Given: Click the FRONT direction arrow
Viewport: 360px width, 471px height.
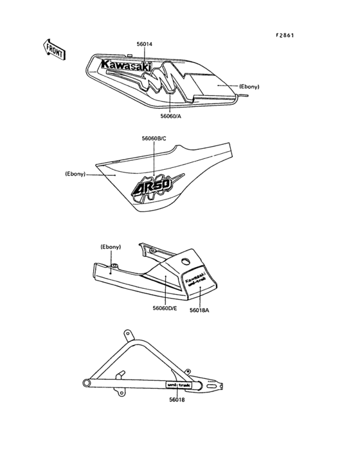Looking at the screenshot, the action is pyautogui.click(x=54, y=50).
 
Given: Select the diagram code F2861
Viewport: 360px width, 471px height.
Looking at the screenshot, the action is pyautogui.click(x=285, y=35).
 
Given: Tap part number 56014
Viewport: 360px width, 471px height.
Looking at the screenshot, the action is pyautogui.click(x=145, y=44).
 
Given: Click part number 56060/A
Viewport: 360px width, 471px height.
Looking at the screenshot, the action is pyautogui.click(x=171, y=116).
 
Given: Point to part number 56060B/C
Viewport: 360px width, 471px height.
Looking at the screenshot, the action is pyautogui.click(x=154, y=138).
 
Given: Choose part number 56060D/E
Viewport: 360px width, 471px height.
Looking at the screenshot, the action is pyautogui.click(x=165, y=308).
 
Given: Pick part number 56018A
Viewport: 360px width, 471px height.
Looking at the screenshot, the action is pyautogui.click(x=199, y=310).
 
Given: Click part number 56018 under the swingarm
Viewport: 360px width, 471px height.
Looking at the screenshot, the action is pyautogui.click(x=177, y=400).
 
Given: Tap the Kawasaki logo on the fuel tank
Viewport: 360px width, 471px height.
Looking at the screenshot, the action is pyautogui.click(x=126, y=66).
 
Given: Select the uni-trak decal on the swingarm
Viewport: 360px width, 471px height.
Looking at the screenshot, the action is pyautogui.click(x=179, y=385).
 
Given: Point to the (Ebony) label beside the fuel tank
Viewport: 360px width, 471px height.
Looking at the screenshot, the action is pyautogui.click(x=249, y=86).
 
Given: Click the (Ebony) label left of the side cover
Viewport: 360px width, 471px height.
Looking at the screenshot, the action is pyautogui.click(x=75, y=174).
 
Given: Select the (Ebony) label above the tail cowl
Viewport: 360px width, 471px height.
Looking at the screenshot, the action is pyautogui.click(x=111, y=247).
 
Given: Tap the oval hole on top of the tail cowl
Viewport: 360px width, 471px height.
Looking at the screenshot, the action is pyautogui.click(x=186, y=261).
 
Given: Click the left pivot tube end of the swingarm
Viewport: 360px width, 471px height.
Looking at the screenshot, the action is pyautogui.click(x=87, y=383).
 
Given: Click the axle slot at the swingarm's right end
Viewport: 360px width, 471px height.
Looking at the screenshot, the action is pyautogui.click(x=212, y=385).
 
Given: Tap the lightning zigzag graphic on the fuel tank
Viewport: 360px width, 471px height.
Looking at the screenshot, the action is pyautogui.click(x=162, y=78).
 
